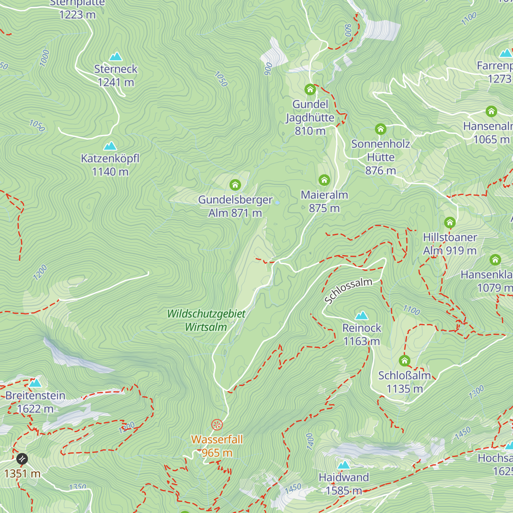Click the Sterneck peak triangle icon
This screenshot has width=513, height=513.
click(x=115, y=56)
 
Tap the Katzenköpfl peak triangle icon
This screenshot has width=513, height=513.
click(x=110, y=146)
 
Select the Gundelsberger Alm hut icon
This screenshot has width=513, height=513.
click(x=235, y=185)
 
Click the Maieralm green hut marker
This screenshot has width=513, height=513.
click(x=324, y=180)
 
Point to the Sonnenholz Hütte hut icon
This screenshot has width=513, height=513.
click(x=380, y=129)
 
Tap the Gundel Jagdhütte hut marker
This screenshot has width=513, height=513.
click(x=310, y=89)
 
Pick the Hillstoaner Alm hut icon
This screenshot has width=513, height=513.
click(x=449, y=222)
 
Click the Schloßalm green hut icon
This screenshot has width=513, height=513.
click(x=404, y=360)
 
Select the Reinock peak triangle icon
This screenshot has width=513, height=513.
click(x=362, y=316)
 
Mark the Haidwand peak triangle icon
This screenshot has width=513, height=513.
click(x=344, y=465)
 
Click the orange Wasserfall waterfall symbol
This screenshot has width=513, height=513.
click(x=217, y=425)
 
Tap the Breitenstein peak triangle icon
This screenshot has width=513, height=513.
click(x=35, y=383)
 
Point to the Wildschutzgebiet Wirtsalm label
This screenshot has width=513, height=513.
click(x=206, y=320)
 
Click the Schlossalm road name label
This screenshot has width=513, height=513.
click(x=348, y=291)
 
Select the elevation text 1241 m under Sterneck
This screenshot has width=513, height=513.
click(x=115, y=82)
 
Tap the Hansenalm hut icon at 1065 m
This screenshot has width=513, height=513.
click(x=491, y=112)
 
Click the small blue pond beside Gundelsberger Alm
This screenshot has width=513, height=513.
click(x=277, y=202)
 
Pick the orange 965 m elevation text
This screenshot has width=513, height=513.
click(x=217, y=453)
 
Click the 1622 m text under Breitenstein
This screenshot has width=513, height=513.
click(x=35, y=409)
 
